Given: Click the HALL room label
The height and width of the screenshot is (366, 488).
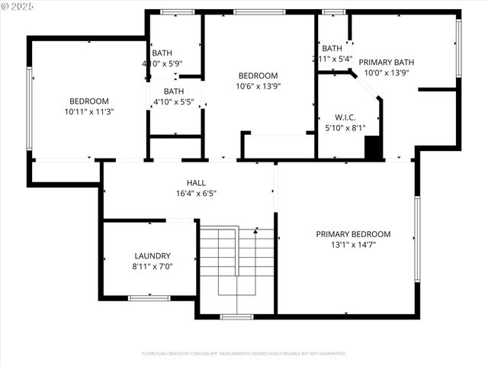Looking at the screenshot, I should point(196,183).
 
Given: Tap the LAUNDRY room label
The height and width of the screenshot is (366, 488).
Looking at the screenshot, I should point(152,256).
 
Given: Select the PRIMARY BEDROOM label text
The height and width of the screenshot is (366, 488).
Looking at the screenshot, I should point(353,234).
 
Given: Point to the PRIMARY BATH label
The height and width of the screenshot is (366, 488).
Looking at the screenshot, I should point(386,63).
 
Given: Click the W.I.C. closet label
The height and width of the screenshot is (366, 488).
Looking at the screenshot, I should point(345,117).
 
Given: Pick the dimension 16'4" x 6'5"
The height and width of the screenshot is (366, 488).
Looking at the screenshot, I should point(196,194).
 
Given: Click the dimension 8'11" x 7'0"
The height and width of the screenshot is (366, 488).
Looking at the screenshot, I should point(152,267).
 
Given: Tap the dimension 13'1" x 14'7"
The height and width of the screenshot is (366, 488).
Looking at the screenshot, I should point(353,245).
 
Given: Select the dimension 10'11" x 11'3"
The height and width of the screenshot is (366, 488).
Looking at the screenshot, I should point(89,111).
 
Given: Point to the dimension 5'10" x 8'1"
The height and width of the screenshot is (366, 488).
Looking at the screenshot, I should point(345,128).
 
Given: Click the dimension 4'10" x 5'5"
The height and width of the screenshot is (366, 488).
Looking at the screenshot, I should point(175,101).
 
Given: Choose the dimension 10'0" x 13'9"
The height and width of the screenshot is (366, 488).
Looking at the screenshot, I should point(386,73).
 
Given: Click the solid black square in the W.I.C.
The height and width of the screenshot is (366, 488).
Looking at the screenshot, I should point(373,148).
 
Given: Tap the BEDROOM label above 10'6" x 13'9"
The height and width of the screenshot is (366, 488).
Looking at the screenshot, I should point(258,75).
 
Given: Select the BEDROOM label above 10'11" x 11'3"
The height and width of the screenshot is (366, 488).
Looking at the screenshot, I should point(89,101).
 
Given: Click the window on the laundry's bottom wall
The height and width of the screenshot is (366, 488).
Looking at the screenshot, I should point(149,298).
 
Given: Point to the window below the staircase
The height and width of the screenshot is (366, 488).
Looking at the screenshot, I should point(236,316).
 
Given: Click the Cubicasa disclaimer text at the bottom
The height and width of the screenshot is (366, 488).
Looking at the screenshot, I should point(244,354).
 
